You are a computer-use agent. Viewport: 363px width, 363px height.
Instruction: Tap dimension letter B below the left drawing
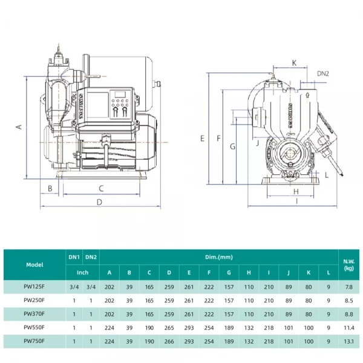click(x=50, y=188)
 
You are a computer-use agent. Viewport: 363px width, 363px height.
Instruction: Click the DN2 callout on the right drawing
click(x=324, y=73)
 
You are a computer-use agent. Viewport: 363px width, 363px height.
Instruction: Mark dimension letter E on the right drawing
click(x=202, y=138)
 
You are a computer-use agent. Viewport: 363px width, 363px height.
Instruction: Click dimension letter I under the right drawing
click(x=297, y=201)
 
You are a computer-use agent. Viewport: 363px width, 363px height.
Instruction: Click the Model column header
click(x=34, y=264)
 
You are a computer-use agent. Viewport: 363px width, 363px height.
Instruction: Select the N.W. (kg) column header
click(x=348, y=264)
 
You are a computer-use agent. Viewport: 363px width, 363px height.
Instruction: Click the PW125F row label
click(x=34, y=287)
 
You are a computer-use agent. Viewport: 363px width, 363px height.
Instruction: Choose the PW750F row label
click(x=34, y=341)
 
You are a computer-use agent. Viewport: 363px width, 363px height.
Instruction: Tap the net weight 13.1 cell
click(x=348, y=341)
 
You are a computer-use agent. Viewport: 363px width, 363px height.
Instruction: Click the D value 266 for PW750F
click(x=169, y=341)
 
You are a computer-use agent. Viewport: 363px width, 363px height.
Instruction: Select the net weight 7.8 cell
click(x=348, y=287)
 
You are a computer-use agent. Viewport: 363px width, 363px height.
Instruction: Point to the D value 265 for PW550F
click(x=169, y=327)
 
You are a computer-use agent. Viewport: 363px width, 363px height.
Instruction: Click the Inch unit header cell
click(x=82, y=272)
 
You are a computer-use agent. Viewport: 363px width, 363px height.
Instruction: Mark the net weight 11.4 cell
click(x=348, y=327)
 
